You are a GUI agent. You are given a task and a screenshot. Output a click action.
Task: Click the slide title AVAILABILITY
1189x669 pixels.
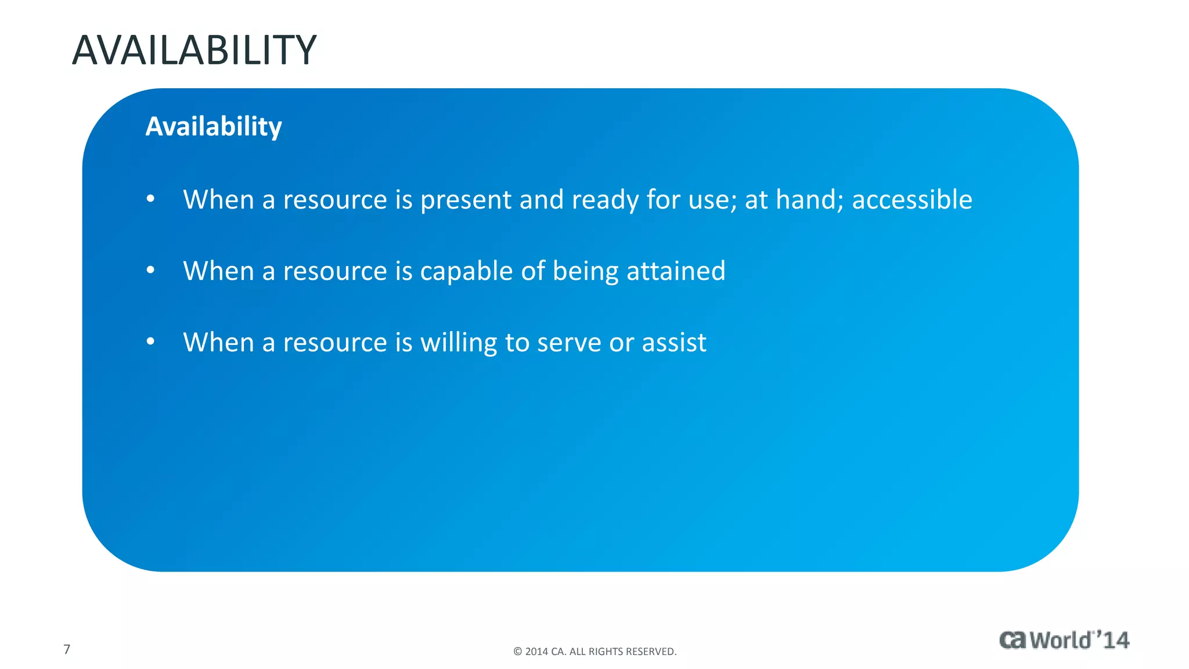[194, 51]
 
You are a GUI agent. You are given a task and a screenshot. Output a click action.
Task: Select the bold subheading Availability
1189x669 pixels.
[213, 126]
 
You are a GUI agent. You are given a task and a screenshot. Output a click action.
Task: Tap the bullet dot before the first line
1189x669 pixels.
[150, 199]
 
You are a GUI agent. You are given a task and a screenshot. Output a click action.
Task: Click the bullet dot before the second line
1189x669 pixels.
[150, 271]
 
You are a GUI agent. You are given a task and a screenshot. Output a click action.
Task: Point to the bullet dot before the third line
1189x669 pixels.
[150, 342]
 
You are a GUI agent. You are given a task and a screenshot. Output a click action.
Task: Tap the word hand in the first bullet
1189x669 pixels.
[809, 199]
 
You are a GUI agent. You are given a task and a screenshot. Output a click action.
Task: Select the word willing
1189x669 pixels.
[458, 343]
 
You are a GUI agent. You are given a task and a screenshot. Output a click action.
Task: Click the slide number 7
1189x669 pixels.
[67, 649]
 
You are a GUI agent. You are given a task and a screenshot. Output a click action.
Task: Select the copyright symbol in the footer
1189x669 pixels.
[518, 652]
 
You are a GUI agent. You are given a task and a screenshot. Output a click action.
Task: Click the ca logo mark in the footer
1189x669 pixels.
[1013, 640]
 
